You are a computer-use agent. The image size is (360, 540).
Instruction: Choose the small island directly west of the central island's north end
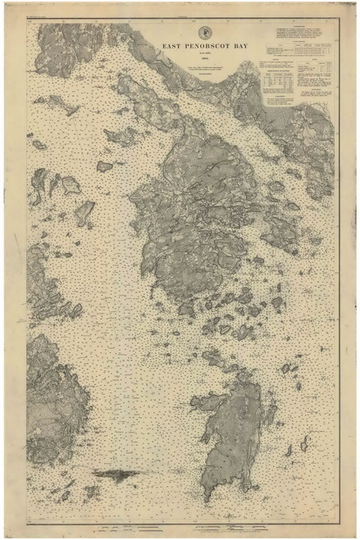click(x=105, y=166)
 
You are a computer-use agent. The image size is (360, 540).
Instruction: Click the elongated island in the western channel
click(x=85, y=213)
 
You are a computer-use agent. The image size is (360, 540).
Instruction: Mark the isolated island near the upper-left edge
click(x=49, y=105)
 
